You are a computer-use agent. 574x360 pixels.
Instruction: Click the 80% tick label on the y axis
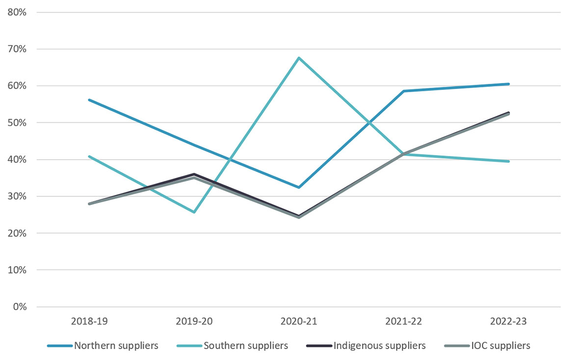pos(18,12)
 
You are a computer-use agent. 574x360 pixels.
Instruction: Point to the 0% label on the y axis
pos(20,307)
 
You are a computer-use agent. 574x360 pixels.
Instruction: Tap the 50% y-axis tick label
pos(18,123)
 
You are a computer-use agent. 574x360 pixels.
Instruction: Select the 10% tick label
pos(18,270)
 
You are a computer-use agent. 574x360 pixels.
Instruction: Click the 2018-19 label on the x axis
pos(89,322)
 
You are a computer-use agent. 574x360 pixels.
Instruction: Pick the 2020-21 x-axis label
pos(299,322)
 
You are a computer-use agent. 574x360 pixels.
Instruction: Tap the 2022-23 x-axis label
pos(508,322)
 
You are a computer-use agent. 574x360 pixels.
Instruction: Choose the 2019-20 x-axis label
pos(194,322)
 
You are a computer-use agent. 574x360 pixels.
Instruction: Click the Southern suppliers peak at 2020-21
pos(299,58)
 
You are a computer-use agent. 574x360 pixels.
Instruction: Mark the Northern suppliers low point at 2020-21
pos(299,187)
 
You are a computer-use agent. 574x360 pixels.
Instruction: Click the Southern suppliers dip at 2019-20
pos(194,212)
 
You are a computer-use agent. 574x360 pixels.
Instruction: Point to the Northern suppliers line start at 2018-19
pos(89,100)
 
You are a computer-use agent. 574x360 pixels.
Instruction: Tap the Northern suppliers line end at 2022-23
pos(508,84)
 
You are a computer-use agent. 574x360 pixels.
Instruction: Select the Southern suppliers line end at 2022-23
pos(508,161)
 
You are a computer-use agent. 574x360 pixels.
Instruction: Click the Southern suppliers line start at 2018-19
pos(89,156)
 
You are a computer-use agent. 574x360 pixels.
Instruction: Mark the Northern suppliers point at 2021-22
pos(404,91)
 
